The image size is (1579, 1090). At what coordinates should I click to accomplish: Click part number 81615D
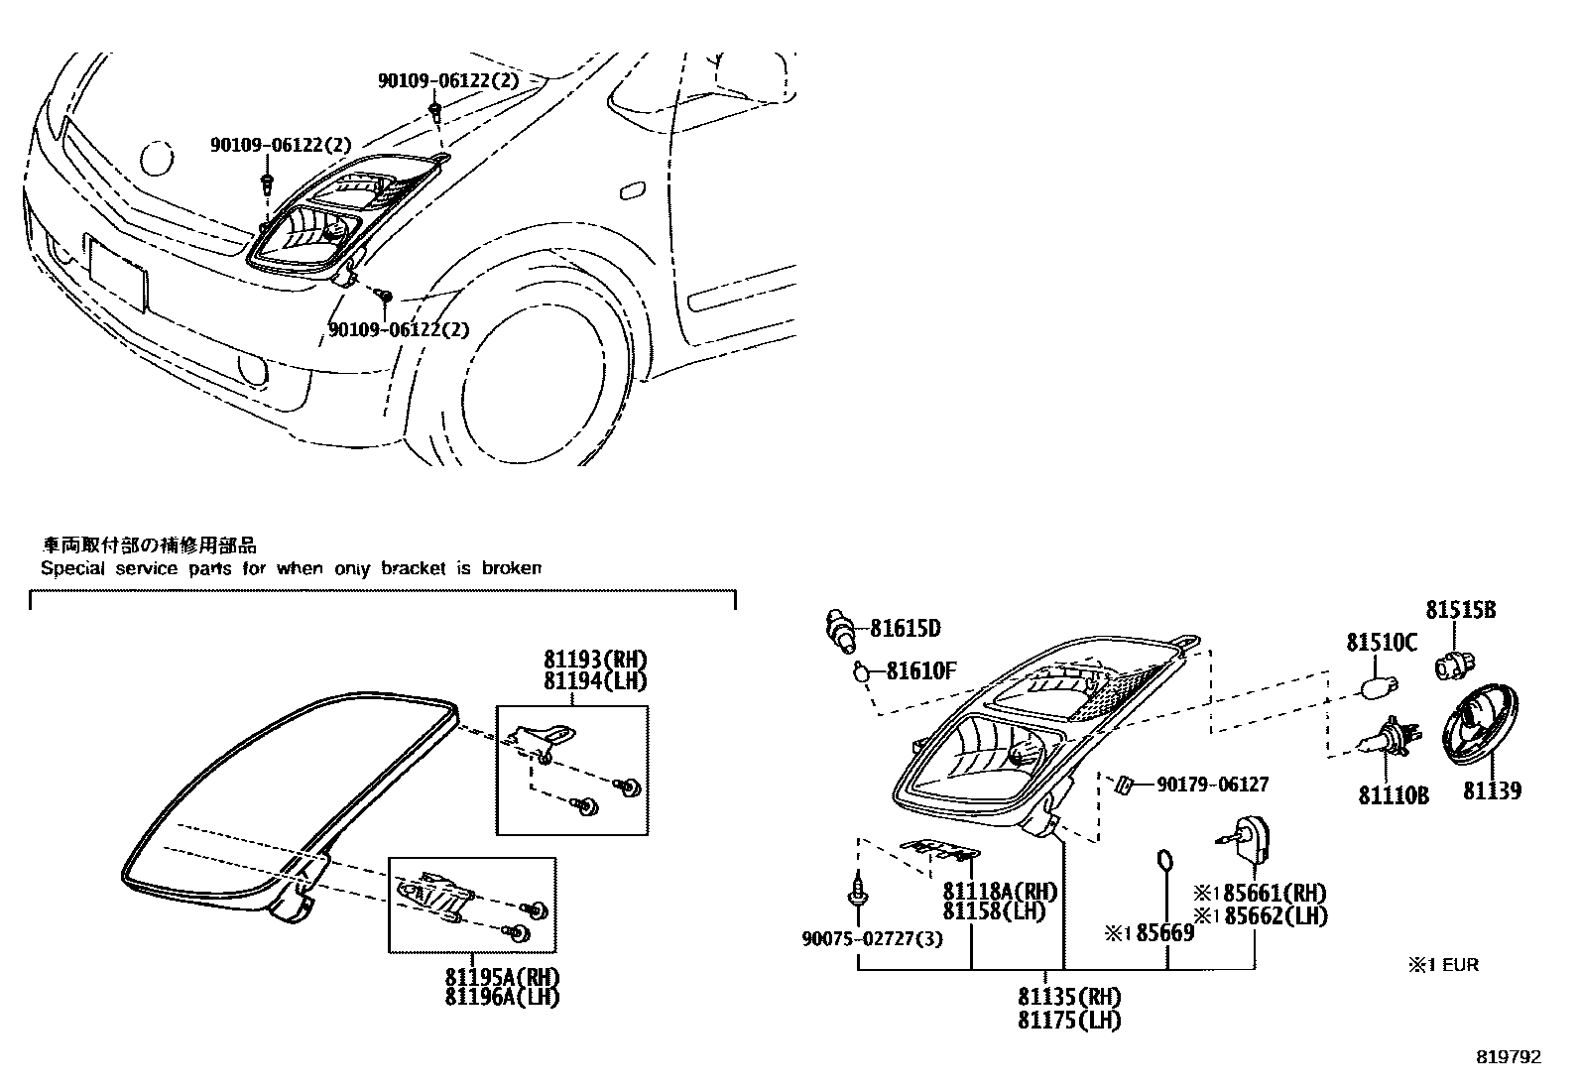[906, 628]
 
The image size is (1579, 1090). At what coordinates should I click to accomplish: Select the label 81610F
[921, 671]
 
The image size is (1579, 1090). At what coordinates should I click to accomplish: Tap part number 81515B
[1461, 610]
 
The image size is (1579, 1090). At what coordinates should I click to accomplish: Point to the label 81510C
[1382, 643]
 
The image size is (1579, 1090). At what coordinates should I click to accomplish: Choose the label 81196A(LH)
[502, 997]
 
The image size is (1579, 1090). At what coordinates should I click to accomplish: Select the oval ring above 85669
[1166, 861]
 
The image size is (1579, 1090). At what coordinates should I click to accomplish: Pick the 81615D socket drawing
[841, 631]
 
